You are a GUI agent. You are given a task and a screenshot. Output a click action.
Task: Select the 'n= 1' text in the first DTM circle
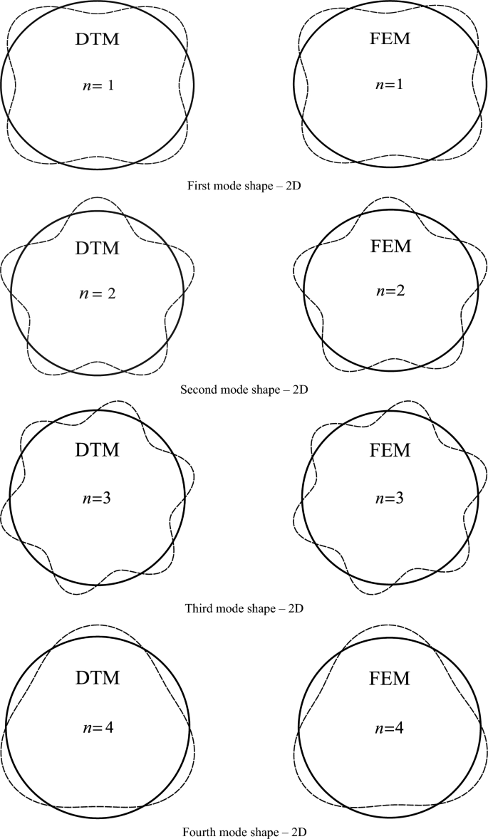click(x=97, y=86)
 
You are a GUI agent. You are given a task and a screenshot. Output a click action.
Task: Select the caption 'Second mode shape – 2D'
click(x=244, y=390)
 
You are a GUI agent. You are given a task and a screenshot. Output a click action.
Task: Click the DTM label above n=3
click(x=97, y=450)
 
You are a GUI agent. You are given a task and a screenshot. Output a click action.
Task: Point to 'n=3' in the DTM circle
click(x=97, y=496)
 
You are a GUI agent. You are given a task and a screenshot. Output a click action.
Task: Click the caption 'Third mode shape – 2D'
click(x=244, y=608)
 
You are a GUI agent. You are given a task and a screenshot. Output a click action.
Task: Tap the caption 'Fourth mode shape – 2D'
click(x=244, y=830)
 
